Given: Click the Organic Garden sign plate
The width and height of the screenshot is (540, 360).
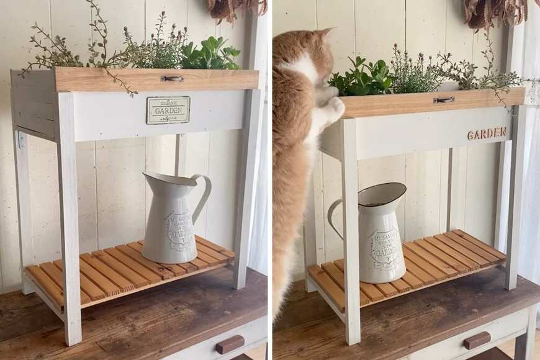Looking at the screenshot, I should (168, 110).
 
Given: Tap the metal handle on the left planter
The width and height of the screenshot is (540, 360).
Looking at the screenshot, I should (172, 79).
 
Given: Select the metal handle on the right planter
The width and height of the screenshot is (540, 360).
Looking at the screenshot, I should (444, 99).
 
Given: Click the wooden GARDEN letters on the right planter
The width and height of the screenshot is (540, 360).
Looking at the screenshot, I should (487, 133).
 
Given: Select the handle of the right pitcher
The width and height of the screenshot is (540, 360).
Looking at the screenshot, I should (335, 217).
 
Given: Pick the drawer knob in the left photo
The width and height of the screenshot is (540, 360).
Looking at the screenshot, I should (230, 344).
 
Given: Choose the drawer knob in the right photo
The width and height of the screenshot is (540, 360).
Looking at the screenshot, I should (477, 340).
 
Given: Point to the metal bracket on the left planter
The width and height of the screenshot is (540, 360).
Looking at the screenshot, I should (21, 140).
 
